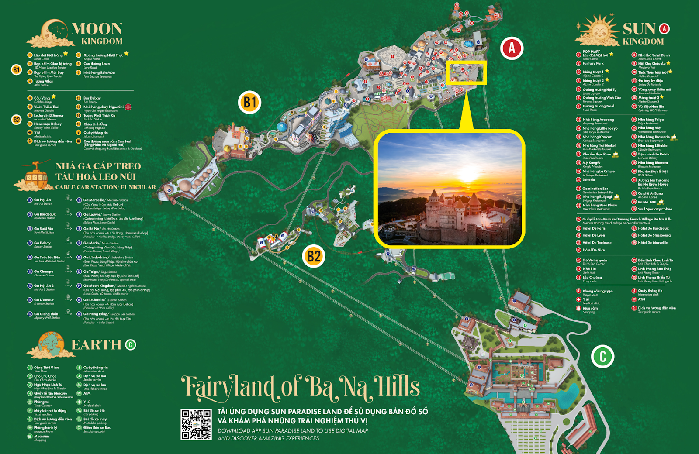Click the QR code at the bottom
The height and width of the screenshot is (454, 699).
(196, 424)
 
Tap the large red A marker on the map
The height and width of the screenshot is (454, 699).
(512, 48)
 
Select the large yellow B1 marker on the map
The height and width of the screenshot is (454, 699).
(250, 103)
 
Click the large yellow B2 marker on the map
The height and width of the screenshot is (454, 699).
(314, 256)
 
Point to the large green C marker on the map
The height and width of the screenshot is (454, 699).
(602, 357)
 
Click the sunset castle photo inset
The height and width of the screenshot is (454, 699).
(450, 189)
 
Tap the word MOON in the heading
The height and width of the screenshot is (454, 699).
(97, 29)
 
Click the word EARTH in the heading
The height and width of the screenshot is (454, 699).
(96, 345)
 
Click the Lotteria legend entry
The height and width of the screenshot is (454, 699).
(588, 180)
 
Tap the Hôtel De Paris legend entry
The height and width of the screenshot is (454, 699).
(594, 228)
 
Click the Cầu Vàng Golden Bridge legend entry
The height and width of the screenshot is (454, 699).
(42, 99)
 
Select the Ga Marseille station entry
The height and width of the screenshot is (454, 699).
(94, 200)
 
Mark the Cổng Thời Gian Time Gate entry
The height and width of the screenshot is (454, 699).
(46, 368)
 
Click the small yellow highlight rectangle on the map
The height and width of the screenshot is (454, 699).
(467, 72)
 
